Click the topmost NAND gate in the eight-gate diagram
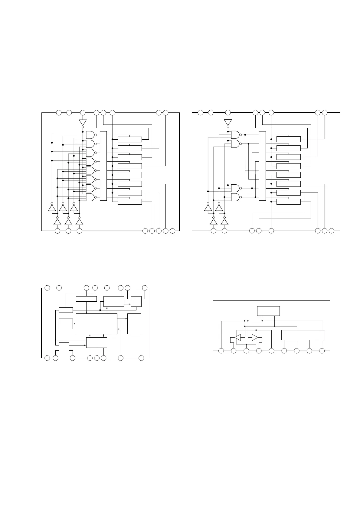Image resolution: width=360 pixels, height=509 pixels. (90, 135)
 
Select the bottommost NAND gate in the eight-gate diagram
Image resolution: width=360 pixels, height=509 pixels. (90, 197)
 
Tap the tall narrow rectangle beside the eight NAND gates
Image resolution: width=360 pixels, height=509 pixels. (103, 166)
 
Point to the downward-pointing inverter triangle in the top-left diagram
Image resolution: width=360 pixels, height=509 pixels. (83, 122)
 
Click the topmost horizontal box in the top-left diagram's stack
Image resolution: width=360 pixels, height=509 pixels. (129, 139)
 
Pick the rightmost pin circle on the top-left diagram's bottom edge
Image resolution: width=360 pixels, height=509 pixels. (172, 231)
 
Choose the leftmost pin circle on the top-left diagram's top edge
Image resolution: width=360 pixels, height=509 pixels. (59, 113)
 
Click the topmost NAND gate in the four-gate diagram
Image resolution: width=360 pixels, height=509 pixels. (235, 135)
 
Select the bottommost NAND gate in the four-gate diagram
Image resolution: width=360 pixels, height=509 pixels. (235, 197)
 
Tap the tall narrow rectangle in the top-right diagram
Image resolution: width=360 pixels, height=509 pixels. (262, 166)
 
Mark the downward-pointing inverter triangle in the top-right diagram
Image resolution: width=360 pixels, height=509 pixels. (228, 122)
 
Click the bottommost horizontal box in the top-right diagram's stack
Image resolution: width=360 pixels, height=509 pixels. (288, 202)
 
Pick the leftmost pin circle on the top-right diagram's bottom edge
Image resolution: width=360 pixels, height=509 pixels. (214, 231)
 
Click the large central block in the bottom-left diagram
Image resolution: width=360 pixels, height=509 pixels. (97, 324)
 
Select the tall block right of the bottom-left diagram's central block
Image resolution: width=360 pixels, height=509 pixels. (134, 324)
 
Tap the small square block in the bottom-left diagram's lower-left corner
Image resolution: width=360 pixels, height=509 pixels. (64, 348)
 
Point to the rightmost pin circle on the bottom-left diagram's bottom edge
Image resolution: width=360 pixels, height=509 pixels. (141, 358)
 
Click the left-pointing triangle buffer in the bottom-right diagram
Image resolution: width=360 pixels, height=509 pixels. (238, 337)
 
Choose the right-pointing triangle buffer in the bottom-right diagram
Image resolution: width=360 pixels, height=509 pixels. (255, 337)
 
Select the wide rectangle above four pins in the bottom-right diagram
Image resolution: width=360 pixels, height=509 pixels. (303, 335)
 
